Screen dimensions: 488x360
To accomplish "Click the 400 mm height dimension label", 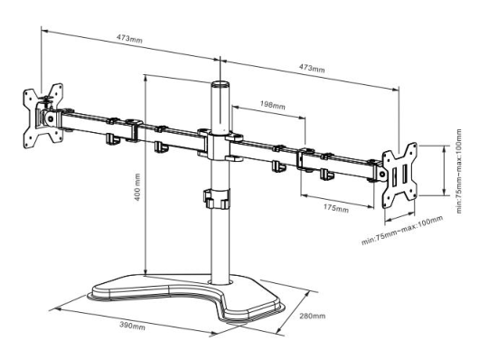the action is (x=137, y=187).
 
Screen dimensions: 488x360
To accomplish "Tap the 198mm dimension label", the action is (x=273, y=105).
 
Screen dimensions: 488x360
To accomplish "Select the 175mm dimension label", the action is (x=336, y=208).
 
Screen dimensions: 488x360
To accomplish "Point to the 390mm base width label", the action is (x=132, y=325).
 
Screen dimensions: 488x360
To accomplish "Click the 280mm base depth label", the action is (x=313, y=316).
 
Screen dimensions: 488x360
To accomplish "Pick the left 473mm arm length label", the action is (x=129, y=38).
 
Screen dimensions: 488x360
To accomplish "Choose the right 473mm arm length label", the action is (x=312, y=68).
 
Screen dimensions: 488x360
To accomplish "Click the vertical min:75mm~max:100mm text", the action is (x=459, y=171).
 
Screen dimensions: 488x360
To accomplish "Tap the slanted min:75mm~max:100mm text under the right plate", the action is (x=402, y=230).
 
